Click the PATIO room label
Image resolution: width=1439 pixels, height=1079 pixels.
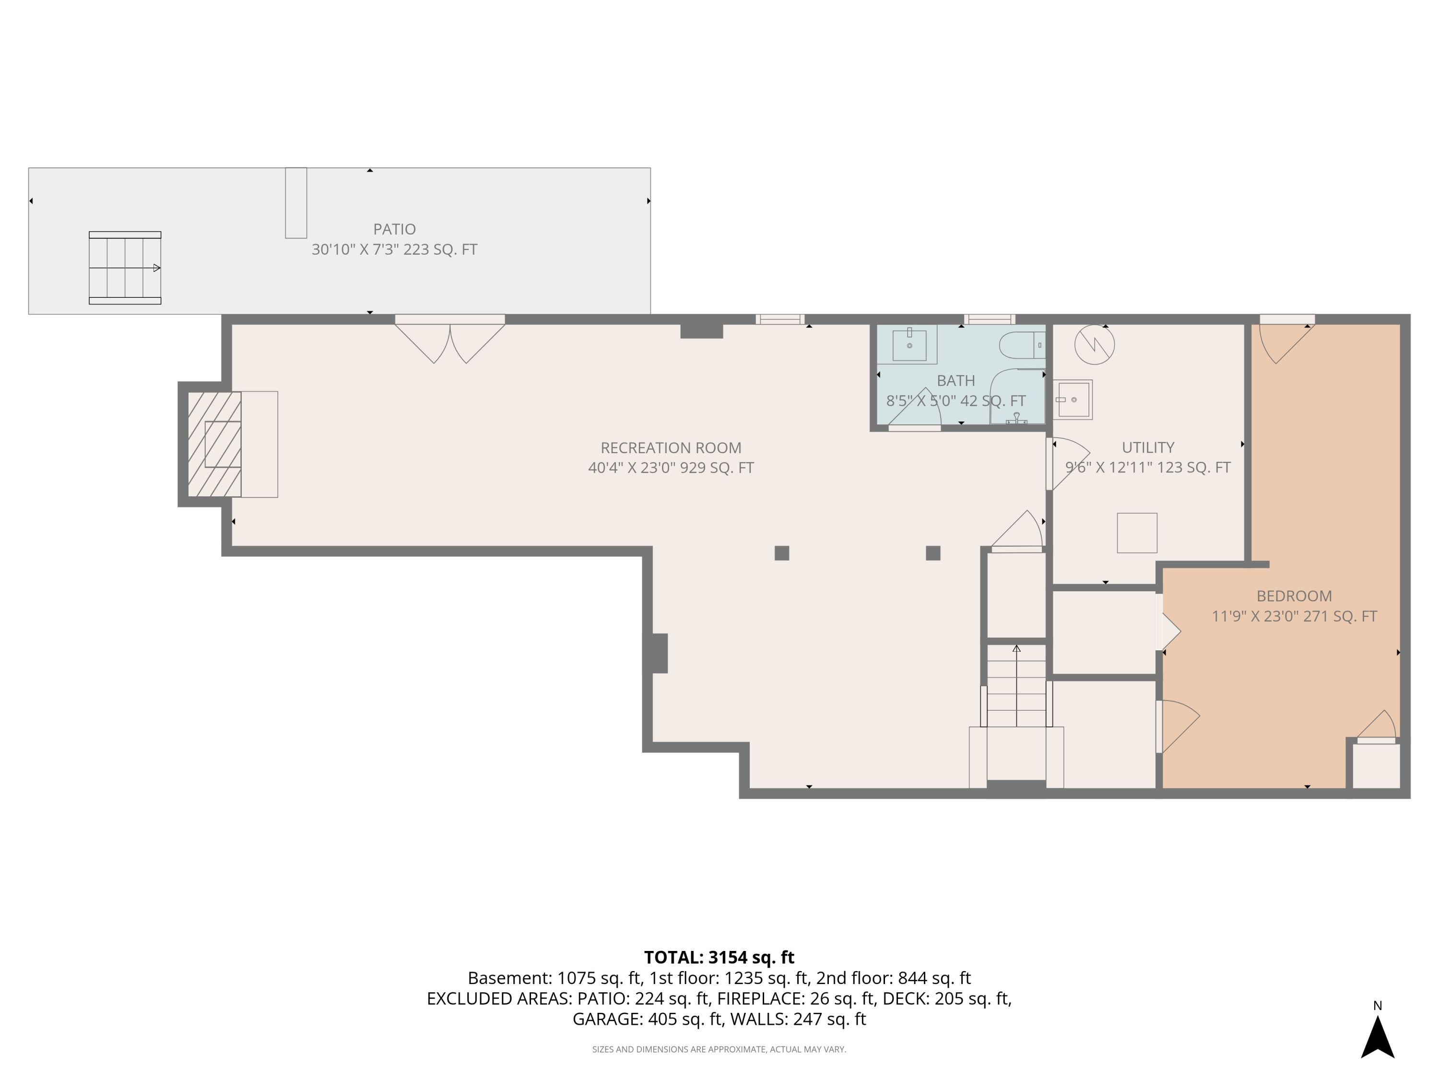pos(394,229)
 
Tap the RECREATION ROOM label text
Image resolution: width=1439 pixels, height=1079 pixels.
pos(670,447)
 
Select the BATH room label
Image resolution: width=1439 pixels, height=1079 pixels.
pos(955,380)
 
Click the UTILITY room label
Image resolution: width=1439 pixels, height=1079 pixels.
pos(1147,447)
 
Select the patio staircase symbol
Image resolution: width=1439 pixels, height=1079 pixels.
pos(125,267)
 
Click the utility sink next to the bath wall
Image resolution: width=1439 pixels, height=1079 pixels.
pos(1073,399)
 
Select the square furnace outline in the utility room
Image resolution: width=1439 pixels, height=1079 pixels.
pos(1136,533)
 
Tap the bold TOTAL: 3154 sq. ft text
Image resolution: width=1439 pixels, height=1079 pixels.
pos(719,957)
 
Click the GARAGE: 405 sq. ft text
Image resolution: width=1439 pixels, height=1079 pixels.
pos(647,1019)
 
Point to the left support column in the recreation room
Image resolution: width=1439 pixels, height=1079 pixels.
pos(781,553)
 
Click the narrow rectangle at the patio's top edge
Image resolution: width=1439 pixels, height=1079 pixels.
pos(296,203)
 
